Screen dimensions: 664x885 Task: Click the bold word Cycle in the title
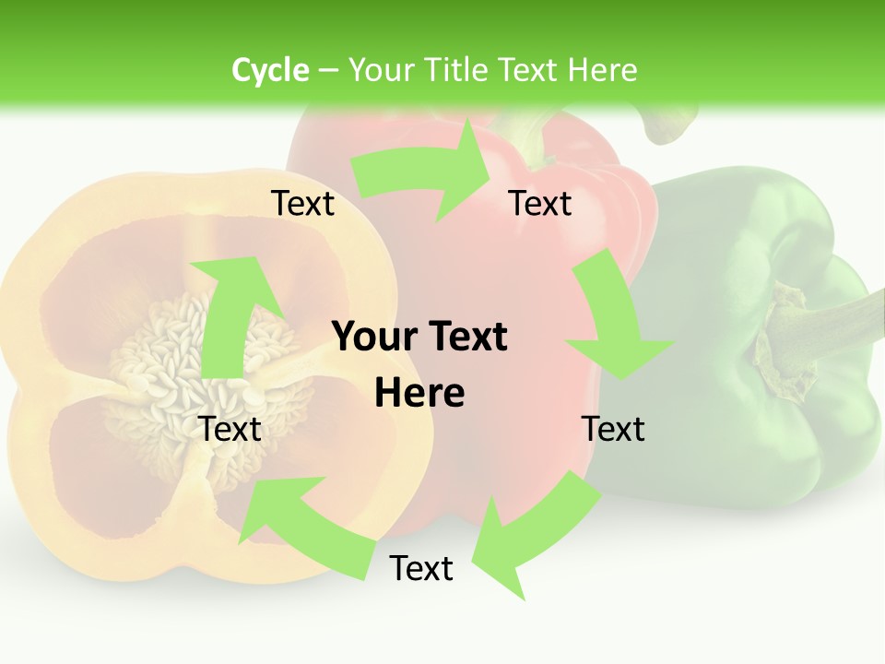tap(270, 70)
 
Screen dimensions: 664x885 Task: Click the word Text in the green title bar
tap(528, 70)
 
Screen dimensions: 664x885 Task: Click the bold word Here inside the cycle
tap(419, 393)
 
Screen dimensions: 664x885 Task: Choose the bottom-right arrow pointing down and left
tap(516, 535)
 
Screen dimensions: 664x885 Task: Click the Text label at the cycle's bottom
tap(421, 569)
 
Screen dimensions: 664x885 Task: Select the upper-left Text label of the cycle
tap(303, 204)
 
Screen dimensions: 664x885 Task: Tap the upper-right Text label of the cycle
tap(540, 204)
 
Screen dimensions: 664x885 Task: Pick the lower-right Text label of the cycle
tap(613, 429)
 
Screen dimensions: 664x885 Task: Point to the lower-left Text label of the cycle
tap(230, 429)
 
